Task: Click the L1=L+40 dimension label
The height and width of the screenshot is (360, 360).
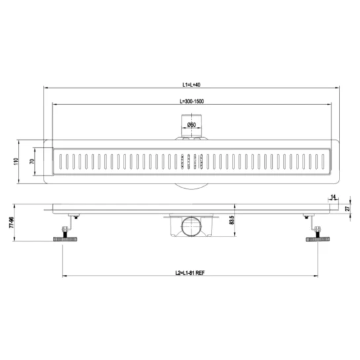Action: tap(192, 85)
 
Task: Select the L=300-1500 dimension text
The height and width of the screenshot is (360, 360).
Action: tap(192, 101)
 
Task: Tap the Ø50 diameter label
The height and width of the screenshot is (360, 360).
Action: tap(192, 125)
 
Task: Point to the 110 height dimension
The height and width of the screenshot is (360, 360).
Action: tap(16, 161)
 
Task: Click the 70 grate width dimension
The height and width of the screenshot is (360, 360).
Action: tap(32, 161)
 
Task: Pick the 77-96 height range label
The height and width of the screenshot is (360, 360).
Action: tap(11, 222)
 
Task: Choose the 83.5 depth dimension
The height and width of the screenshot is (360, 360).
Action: tap(231, 220)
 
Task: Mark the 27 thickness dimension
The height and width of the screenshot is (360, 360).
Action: tap(348, 209)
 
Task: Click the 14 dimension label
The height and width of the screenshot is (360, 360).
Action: tap(333, 197)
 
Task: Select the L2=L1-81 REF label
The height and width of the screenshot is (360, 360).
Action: tap(190, 273)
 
